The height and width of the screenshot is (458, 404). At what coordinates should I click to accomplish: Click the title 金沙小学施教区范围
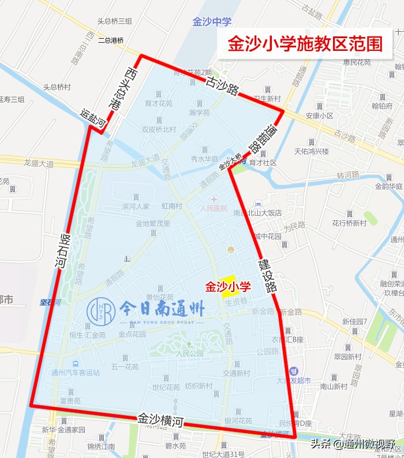coord(305,43)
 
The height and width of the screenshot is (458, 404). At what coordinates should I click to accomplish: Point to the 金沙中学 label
coord(212,22)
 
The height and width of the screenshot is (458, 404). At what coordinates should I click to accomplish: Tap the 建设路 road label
coord(267,275)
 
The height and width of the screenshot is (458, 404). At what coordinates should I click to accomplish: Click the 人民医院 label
coord(214,208)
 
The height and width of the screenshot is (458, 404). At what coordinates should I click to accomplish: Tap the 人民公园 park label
coord(190,353)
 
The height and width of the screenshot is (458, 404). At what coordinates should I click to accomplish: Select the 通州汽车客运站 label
coord(75,372)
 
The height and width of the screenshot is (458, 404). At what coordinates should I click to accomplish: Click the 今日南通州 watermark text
coord(162,309)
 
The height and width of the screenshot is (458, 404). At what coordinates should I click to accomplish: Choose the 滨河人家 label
coord(136,206)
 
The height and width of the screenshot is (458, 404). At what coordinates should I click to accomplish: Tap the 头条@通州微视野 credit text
coord(353,444)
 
